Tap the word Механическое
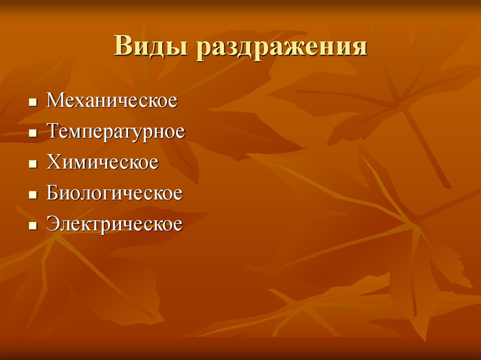pyautogui.click(x=112, y=101)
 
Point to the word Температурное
pyautogui.click(x=116, y=132)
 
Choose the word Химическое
pyautogui.click(x=102, y=162)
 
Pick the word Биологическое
pyautogui.click(x=114, y=193)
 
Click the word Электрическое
pyautogui.click(x=114, y=224)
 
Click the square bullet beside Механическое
pyautogui.click(x=32, y=102)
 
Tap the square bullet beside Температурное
pyautogui.click(x=32, y=133)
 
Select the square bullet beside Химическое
pyautogui.click(x=32, y=164)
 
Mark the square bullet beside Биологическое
pyautogui.click(x=32, y=195)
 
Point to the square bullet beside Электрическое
pyautogui.click(x=32, y=225)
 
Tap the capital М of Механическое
pyautogui.click(x=54, y=100)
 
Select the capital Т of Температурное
pyautogui.click(x=53, y=131)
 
